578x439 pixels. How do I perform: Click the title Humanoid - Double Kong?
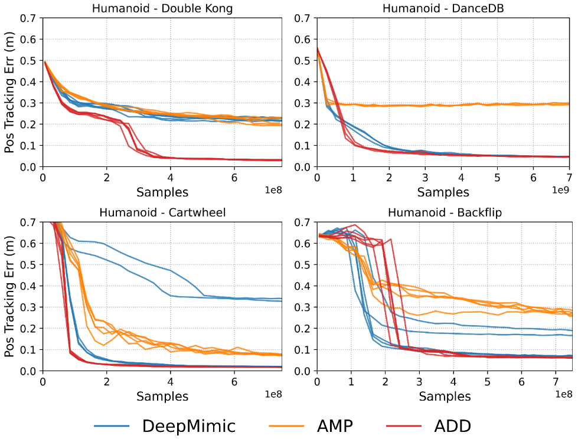pos(162,8)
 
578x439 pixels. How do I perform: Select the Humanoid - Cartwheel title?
pos(162,212)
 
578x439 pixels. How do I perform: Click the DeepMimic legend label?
pos(188,425)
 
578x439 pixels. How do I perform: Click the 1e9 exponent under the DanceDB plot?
pos(561,189)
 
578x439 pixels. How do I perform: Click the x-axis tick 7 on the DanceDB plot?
pos(569,177)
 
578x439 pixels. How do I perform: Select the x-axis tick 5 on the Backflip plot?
pos(488,381)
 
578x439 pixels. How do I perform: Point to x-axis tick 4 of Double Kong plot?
pos(171,177)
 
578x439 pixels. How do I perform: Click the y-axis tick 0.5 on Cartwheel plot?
pos(29,265)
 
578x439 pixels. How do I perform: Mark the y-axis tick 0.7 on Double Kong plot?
pos(29,18)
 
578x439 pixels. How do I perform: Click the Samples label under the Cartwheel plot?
pos(162,396)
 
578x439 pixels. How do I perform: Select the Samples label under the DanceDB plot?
pos(443,192)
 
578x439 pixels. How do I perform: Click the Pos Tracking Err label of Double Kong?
pos(9,93)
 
